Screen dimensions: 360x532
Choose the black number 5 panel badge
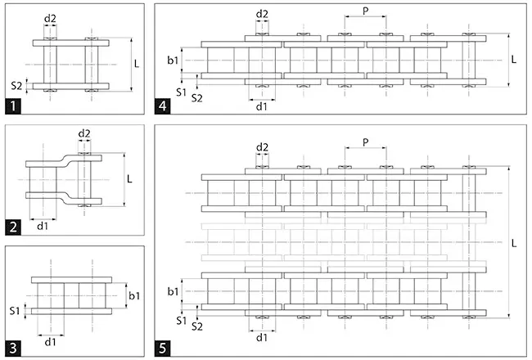click(165, 347)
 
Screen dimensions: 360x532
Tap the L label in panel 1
click(137, 62)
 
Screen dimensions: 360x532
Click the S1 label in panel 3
click(15, 310)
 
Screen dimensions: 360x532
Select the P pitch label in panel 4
click(364, 11)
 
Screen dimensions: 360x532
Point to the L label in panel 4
click(514, 59)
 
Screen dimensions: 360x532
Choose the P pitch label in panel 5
click(364, 142)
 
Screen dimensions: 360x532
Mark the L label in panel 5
click(514, 243)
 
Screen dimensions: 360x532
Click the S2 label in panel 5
click(196, 326)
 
